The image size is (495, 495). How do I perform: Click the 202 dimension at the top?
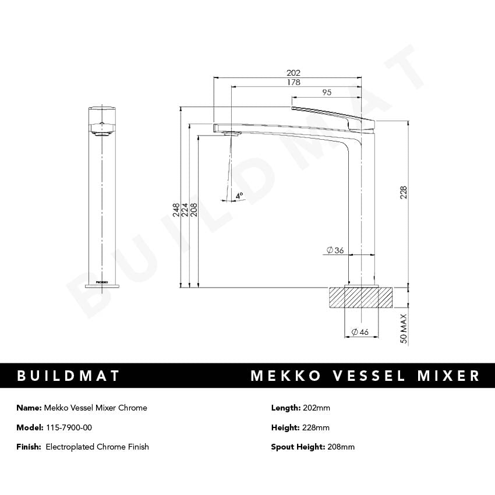coord(294,73)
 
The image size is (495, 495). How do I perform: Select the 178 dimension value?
coord(294,83)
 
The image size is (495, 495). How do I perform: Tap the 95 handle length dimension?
coord(327,93)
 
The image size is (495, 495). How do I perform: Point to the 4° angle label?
coord(239,196)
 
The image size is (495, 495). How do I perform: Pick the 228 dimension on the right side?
coord(404,193)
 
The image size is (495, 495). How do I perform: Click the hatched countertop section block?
coord(361,297)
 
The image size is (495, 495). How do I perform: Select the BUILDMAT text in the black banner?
coord(69,376)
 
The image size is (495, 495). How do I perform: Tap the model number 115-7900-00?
coord(68,427)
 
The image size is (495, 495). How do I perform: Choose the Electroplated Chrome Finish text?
coord(97,447)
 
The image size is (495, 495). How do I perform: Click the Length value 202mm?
coord(316,408)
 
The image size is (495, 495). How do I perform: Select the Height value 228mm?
coord(316,427)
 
